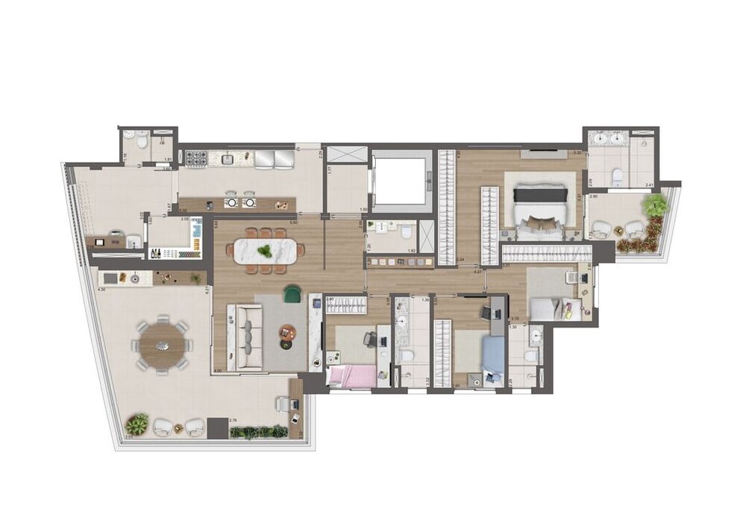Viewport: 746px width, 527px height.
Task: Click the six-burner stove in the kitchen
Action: (195, 159)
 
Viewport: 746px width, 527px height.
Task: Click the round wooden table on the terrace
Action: (161, 346)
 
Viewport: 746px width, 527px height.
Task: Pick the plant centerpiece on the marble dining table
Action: (266, 234)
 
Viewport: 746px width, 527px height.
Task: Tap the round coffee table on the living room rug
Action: (287, 331)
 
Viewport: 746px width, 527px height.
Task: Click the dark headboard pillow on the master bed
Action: (540, 195)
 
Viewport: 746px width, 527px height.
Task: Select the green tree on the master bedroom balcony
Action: (655, 205)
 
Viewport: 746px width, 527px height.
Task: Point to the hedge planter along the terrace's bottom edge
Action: (258, 431)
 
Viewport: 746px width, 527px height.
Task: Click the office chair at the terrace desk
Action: (282, 403)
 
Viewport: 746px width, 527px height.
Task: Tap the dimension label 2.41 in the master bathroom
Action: (649, 184)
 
